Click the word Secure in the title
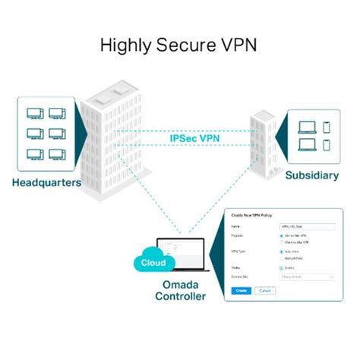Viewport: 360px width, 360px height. point(186,46)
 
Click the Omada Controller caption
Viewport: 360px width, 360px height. point(179,292)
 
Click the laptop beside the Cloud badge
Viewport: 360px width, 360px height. point(182,254)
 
